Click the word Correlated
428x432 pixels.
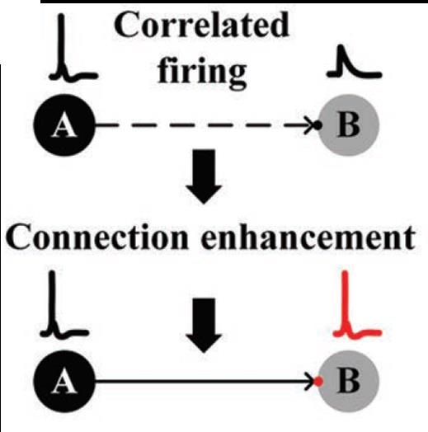(x=201, y=25)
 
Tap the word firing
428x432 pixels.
(x=201, y=73)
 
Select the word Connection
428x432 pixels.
(x=97, y=237)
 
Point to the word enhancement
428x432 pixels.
(x=308, y=237)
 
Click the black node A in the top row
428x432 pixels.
(x=64, y=125)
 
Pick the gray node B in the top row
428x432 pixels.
(x=348, y=125)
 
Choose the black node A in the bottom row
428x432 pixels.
(x=64, y=382)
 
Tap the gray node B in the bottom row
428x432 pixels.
(x=348, y=382)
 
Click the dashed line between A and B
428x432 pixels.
(x=204, y=125)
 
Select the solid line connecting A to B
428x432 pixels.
(x=204, y=382)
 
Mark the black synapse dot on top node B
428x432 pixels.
(x=317, y=125)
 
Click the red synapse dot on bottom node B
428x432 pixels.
(x=318, y=382)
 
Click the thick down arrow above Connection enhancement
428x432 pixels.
(x=204, y=176)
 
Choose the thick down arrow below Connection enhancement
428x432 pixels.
(x=204, y=325)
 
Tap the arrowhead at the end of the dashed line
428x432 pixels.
(x=310, y=125)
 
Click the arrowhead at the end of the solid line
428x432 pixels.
(x=310, y=382)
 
